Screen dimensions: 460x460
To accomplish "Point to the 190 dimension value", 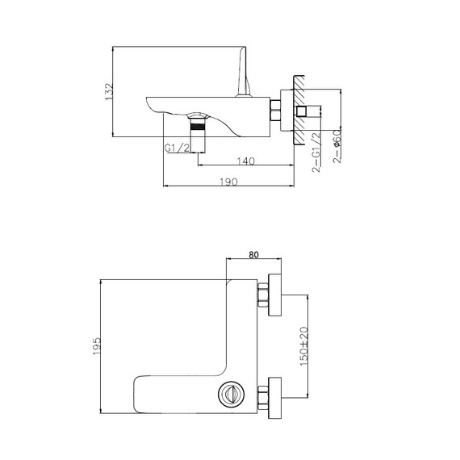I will click(x=228, y=183).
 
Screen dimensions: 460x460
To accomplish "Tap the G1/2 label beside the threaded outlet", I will click(x=177, y=148).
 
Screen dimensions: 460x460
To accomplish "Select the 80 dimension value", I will click(x=254, y=255).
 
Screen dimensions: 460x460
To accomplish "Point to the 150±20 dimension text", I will click(x=304, y=345).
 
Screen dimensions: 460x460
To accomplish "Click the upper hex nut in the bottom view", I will click(x=263, y=296).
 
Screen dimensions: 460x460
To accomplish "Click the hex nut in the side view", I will click(x=275, y=111).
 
